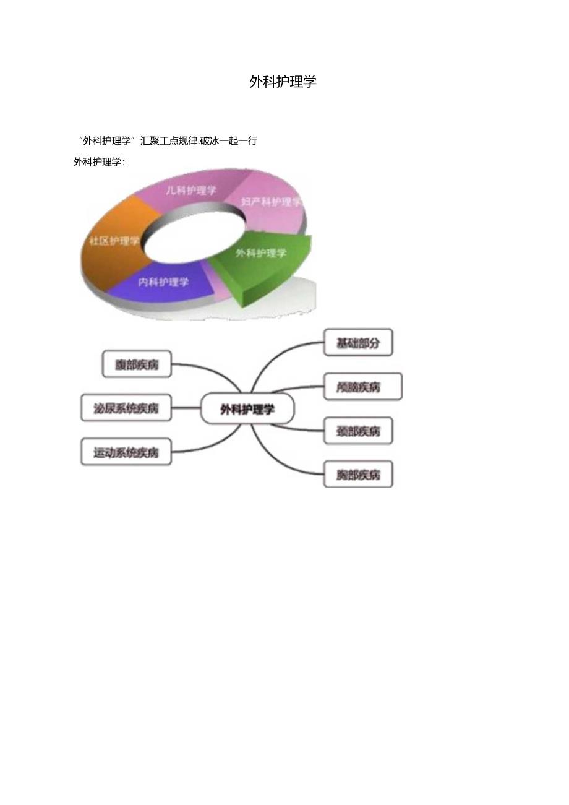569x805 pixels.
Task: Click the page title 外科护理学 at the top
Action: (283, 82)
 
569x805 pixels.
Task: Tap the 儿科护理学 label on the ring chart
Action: (191, 191)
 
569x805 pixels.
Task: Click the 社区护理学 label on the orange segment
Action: (114, 241)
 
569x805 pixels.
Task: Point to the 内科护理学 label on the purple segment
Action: (163, 282)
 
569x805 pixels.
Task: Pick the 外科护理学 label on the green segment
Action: (262, 253)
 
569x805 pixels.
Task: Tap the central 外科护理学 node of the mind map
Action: (247, 409)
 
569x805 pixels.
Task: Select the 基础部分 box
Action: (358, 343)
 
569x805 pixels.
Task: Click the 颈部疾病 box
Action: (358, 431)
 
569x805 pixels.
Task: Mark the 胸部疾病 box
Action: (358, 475)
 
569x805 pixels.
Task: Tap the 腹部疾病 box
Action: (137, 364)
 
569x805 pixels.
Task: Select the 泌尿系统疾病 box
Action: (126, 408)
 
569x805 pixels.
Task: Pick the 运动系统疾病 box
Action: (126, 452)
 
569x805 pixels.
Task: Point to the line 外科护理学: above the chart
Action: (99, 162)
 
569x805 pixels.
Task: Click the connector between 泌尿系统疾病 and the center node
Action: (186, 408)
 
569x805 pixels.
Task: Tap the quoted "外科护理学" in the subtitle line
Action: (108, 140)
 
